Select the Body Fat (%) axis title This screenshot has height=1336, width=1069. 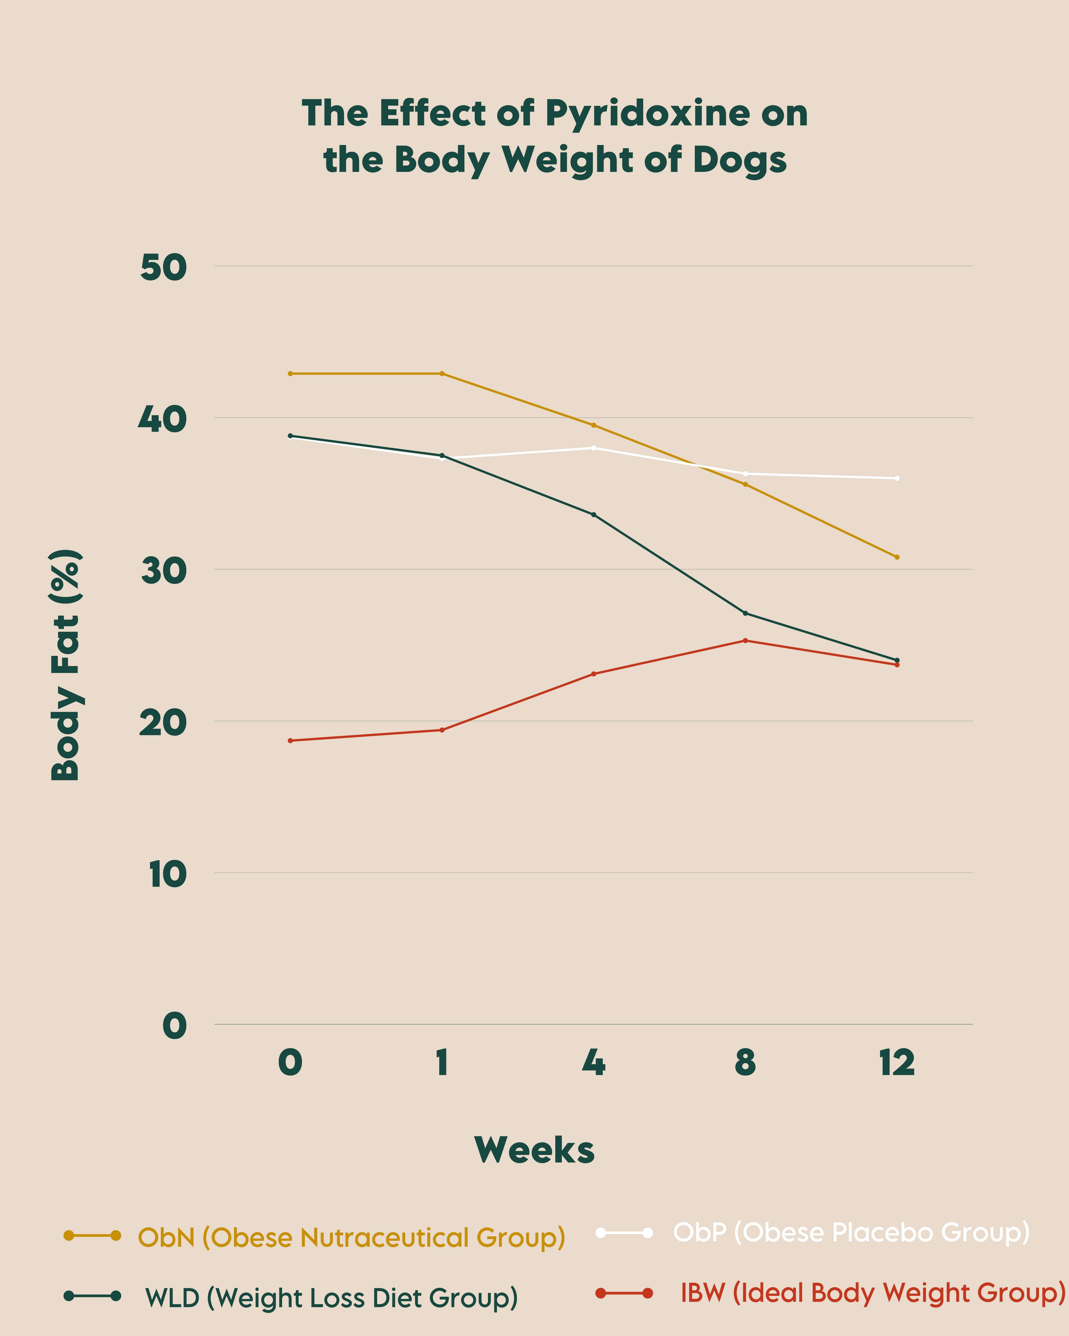point(65,665)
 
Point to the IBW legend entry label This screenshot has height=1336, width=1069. point(872,1293)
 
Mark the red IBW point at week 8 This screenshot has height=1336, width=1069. point(745,640)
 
